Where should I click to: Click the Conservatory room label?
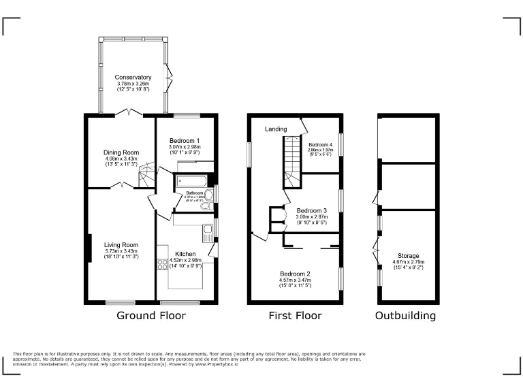click(x=133, y=78)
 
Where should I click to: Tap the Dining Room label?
click(x=121, y=152)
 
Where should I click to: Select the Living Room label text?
click(x=121, y=245)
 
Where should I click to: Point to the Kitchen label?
click(x=185, y=253)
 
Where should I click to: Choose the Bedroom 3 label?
click(x=312, y=210)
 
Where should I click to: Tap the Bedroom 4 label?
click(x=321, y=145)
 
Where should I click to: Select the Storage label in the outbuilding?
click(x=409, y=256)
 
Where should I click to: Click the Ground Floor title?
click(x=151, y=316)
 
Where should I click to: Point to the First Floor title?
click(x=294, y=316)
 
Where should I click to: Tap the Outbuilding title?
click(x=407, y=316)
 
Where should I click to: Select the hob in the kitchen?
click(x=163, y=265)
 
